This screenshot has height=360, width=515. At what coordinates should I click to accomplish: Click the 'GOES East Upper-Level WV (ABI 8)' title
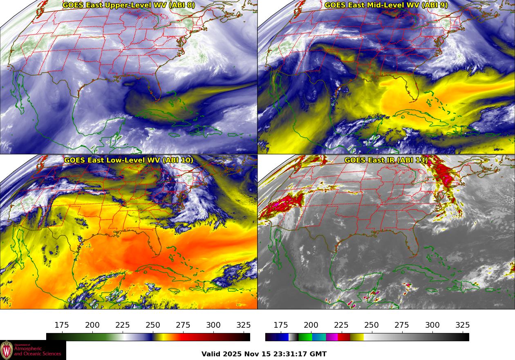coord(128,5)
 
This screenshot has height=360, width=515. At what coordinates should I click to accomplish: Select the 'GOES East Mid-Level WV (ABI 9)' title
coord(386,5)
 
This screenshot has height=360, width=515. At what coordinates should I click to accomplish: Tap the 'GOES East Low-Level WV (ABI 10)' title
coord(128,160)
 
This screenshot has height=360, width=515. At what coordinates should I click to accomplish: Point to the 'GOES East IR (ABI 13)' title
coord(386,160)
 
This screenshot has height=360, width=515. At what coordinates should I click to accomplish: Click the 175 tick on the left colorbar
coord(62,333)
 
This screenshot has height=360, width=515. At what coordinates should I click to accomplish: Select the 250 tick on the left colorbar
coord(153,333)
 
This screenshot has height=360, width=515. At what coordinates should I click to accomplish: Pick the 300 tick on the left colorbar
coord(213,333)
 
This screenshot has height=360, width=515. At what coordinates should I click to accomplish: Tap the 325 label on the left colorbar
coord(244,325)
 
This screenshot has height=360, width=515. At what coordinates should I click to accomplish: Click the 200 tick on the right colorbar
coord(311,333)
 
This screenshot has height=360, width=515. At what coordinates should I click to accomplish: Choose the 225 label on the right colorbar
coord(341,325)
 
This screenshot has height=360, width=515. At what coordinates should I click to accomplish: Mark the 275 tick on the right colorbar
coord(402,333)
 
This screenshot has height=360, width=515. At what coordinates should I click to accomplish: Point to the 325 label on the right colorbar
coord(462,325)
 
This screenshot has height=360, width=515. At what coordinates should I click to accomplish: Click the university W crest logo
coord(7,350)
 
